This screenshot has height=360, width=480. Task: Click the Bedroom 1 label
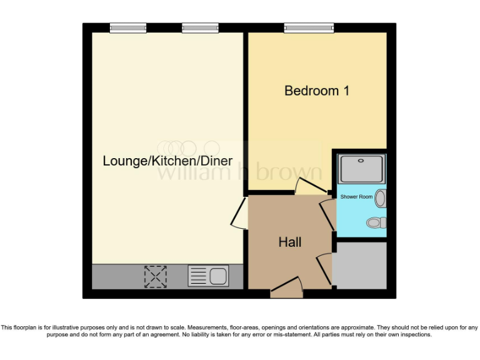click(x=316, y=91)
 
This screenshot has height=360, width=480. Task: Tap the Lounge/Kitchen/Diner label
click(x=167, y=161)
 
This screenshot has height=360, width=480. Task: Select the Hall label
click(x=290, y=242)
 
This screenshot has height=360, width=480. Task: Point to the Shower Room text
click(x=356, y=197)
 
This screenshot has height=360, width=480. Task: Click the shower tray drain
click(x=362, y=161)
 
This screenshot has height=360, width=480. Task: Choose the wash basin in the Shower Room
click(x=381, y=199)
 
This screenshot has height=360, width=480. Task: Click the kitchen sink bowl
click(x=218, y=276)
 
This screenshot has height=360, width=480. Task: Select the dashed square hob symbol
click(x=156, y=276)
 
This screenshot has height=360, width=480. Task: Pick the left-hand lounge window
click(x=128, y=27)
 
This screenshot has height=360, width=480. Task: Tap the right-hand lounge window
click(x=200, y=27)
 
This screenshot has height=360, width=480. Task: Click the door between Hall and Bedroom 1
click(x=310, y=186)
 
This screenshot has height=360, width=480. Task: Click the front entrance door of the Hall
click(x=286, y=289)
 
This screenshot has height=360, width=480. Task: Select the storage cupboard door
click(x=324, y=268)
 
